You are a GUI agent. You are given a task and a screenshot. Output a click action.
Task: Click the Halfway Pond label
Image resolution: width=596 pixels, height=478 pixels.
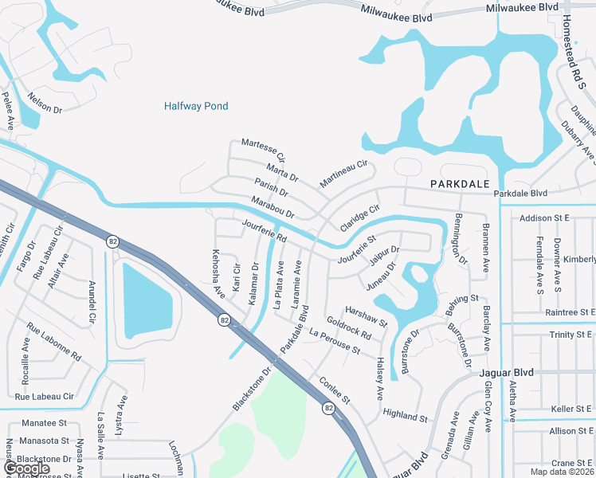click(196, 106)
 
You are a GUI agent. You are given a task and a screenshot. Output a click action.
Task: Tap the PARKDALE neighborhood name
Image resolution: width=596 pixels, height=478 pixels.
click(460, 183)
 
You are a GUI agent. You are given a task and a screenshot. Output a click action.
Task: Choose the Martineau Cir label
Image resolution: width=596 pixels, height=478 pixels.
click(343, 174)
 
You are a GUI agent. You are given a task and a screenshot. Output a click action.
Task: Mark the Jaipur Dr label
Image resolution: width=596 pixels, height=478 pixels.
click(384, 254)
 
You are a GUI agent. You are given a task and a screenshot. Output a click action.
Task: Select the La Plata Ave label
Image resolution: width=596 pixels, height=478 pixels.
click(279, 286)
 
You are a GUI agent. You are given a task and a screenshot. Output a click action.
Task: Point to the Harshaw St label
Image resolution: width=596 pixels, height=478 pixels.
click(366, 316)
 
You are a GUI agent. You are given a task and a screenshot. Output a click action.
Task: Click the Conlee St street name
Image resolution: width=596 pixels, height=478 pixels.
click(334, 388)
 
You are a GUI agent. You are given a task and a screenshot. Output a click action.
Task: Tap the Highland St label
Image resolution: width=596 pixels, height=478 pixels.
click(405, 416)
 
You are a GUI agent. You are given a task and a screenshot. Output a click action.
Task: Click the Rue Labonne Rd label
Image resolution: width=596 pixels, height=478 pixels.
click(54, 342)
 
